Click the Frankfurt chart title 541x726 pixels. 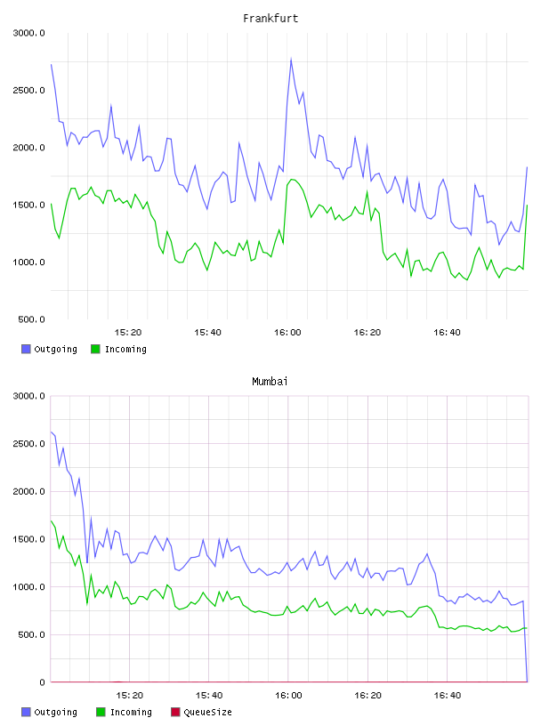270,19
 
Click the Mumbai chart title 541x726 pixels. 270,382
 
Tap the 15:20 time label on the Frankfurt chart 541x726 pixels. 128,333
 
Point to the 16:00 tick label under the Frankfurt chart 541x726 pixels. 287,333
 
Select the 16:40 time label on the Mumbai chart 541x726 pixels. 448,696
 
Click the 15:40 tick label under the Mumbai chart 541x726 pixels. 209,696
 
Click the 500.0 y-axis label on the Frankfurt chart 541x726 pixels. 31,319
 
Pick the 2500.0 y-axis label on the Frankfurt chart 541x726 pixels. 29,90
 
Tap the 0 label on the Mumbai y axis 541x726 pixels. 42,682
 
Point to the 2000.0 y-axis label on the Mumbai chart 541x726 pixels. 29,492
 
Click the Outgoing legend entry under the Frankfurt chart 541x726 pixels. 49,349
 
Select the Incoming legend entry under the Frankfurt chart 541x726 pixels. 119,349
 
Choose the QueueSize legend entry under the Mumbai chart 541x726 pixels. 201,712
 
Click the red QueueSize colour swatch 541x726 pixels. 175,712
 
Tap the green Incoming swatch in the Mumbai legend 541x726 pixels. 101,712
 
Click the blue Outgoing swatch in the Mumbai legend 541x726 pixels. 26,712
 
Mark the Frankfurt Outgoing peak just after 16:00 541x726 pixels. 291,59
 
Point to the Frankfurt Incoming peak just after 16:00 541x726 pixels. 291,179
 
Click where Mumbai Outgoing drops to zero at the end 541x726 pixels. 527,682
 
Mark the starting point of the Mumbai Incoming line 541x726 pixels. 51,520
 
